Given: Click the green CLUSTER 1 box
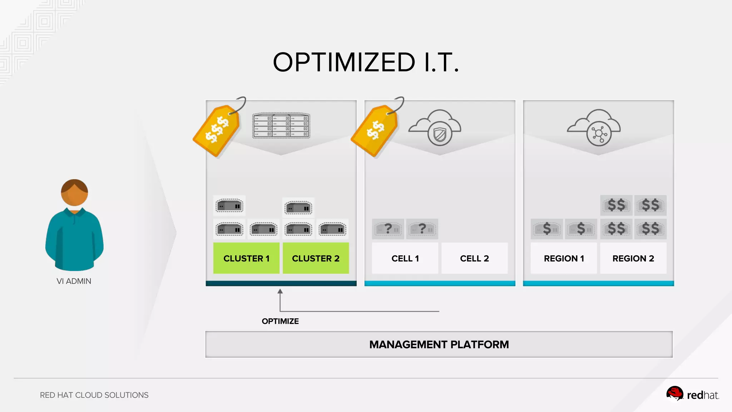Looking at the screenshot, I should [246, 258].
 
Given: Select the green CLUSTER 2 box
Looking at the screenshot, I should [316, 258].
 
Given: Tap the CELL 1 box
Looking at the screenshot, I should [405, 258].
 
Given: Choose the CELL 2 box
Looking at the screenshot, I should [474, 258].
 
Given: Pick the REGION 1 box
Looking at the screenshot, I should [564, 258].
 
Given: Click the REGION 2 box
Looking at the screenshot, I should [633, 258].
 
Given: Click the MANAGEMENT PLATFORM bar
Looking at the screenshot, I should [439, 344].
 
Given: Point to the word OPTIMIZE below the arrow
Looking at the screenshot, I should [280, 321].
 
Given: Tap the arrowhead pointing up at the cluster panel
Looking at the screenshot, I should [280, 291].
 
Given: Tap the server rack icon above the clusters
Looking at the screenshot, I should [281, 126].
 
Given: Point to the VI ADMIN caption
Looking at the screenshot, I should [74, 281].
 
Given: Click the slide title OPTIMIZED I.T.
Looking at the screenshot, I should [366, 62].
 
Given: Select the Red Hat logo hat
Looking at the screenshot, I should [674, 394].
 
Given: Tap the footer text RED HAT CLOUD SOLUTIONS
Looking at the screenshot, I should [94, 395].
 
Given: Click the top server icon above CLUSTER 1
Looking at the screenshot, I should [229, 206].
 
